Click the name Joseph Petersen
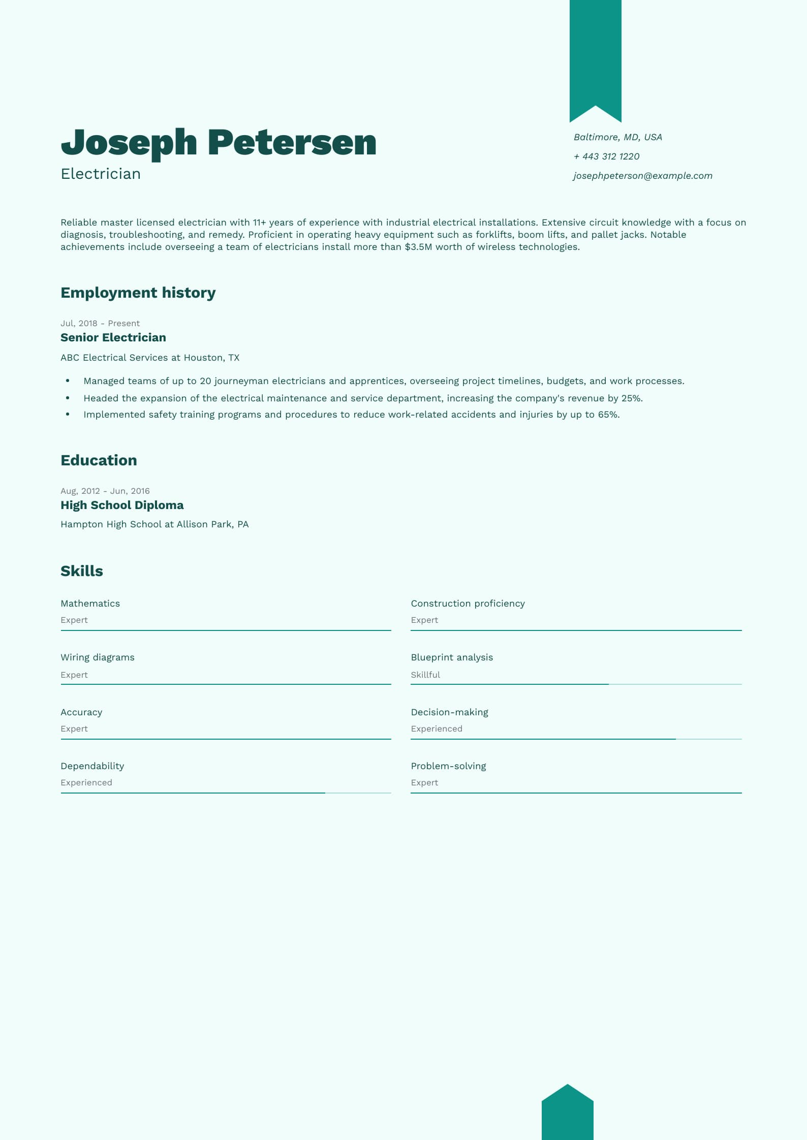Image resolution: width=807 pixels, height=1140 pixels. (x=219, y=142)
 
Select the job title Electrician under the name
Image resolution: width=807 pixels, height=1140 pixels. (x=101, y=174)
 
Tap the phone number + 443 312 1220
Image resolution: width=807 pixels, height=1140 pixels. (x=606, y=156)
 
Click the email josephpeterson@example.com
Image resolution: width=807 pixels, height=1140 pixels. (x=643, y=176)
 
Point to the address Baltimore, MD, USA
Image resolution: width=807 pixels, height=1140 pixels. (x=617, y=137)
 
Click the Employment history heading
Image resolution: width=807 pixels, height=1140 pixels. (x=138, y=293)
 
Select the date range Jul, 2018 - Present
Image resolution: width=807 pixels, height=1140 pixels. (x=100, y=323)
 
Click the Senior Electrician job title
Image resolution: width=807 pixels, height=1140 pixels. (x=113, y=337)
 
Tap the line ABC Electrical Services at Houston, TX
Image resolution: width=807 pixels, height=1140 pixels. (x=150, y=358)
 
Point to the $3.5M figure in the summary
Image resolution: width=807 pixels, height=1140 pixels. (x=418, y=247)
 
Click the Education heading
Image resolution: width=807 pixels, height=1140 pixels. (x=99, y=460)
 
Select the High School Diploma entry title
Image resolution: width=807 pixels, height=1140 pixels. (x=122, y=505)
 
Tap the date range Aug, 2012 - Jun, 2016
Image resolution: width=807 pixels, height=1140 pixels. (x=105, y=491)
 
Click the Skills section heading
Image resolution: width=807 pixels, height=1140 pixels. (x=82, y=571)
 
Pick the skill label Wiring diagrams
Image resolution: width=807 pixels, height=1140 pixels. (x=98, y=657)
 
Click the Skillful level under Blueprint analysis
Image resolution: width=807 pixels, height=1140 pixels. (x=425, y=675)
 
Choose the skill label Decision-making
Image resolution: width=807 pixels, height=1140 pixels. (x=449, y=712)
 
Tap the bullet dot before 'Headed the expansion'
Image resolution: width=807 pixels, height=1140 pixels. (x=68, y=398)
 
